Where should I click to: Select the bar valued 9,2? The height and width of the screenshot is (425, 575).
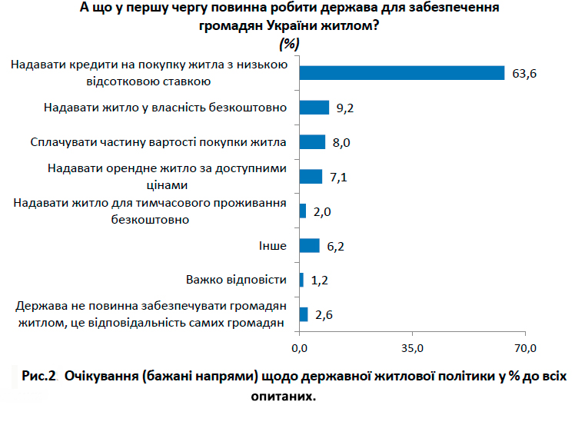[x=314, y=108]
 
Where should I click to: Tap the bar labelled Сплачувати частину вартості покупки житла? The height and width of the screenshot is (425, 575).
[x=312, y=142]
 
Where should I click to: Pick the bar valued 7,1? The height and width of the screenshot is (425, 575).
[x=311, y=177]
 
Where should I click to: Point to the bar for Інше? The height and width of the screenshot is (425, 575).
[x=309, y=245]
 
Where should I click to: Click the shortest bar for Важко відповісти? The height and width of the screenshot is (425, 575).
[x=301, y=280]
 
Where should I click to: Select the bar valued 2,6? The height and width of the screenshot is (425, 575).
[x=303, y=314]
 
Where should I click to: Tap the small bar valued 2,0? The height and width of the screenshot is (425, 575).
[x=302, y=211]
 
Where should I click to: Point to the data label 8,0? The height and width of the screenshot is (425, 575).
[x=341, y=143]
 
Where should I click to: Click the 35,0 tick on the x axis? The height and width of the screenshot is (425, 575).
[x=413, y=348]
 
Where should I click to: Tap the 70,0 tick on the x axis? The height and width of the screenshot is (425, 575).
[x=525, y=348]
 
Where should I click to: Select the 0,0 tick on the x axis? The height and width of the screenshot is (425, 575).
[x=300, y=348]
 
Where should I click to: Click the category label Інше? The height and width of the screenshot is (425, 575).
[x=273, y=245]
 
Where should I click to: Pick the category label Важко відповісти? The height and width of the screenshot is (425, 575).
[x=236, y=280]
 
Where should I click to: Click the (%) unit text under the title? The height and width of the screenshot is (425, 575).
[x=290, y=43]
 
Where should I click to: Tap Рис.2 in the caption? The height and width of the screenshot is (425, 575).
[x=41, y=377]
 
